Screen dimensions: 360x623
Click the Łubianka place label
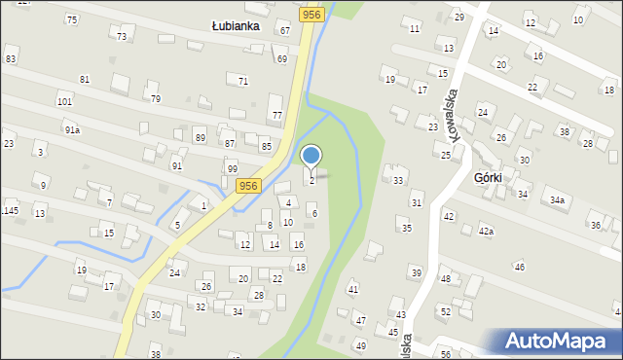tap(236, 26)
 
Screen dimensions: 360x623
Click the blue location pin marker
tap(311, 157)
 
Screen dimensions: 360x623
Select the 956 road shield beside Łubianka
tap(311, 14)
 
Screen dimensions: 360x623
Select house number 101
tap(64, 101)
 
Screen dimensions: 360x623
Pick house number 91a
tap(72, 129)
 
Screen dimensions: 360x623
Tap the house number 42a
tap(486, 232)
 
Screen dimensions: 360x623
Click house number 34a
tap(556, 200)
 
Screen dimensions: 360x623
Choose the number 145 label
tap(11, 211)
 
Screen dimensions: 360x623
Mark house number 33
tap(398, 181)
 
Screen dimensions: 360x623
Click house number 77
tap(277, 116)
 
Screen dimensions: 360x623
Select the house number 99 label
tap(233, 169)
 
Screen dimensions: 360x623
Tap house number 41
tap(353, 290)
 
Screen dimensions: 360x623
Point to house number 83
tap(11, 59)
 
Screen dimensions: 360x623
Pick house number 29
tap(459, 18)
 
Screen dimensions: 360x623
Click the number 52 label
tap(445, 311)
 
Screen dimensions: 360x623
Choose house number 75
tap(71, 19)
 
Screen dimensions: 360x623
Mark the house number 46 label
tap(520, 267)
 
